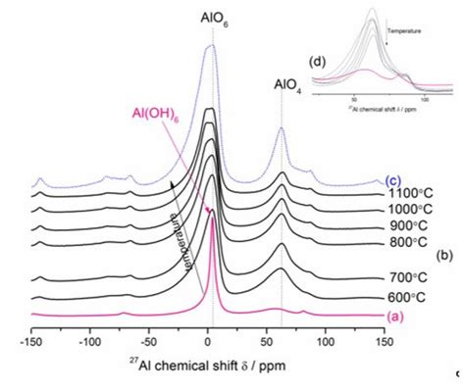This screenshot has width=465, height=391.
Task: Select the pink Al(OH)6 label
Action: pos(152,115)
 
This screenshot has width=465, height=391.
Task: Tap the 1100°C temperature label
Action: pos(410,193)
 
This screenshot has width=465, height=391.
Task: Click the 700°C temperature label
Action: pos(411,278)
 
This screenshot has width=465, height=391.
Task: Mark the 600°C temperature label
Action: pos(411,297)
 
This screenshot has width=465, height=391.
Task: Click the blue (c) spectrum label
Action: pos(392,179)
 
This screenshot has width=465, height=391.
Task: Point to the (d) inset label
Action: pos(319,61)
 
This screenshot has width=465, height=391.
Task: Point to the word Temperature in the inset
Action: pos(404,31)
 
